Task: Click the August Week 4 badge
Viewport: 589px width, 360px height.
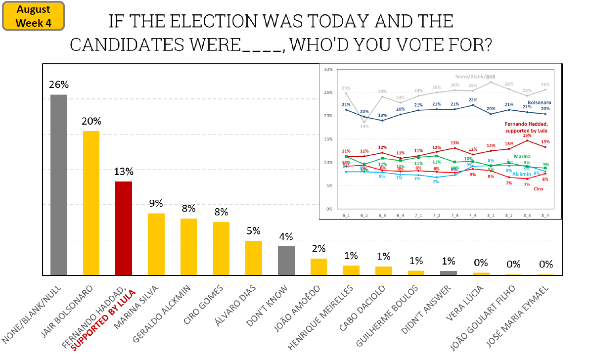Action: coord(34,16)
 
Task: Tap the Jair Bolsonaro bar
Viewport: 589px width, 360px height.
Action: coord(91,203)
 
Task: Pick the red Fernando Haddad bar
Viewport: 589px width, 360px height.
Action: coord(124,228)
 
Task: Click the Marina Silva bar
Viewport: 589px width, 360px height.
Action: coord(156,244)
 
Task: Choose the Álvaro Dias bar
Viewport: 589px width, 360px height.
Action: coord(254,258)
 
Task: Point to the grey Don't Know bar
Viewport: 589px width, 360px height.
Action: coord(286,260)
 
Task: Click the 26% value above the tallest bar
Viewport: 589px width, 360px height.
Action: coord(59,85)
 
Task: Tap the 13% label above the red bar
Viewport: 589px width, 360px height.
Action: coord(124,172)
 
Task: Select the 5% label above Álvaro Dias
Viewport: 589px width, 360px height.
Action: coord(254,231)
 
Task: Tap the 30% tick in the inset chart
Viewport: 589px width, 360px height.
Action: coord(328,69)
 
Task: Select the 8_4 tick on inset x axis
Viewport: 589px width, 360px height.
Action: coord(545,216)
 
